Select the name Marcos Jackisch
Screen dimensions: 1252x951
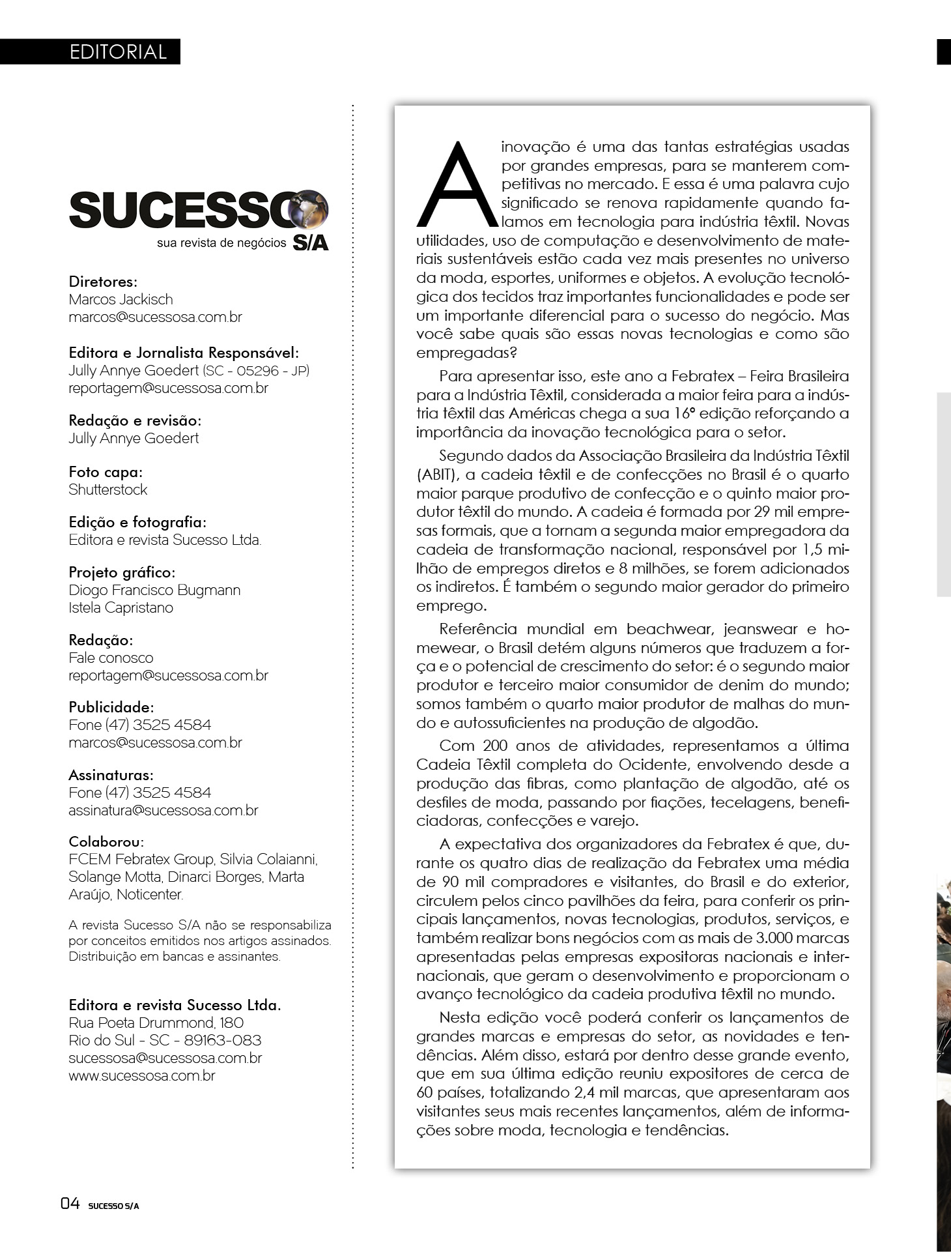(x=121, y=300)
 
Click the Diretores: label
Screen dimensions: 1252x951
(x=103, y=282)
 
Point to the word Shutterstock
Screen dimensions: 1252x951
(x=108, y=489)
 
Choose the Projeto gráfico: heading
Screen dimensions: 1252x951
(x=122, y=572)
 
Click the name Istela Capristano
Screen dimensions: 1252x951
(x=121, y=607)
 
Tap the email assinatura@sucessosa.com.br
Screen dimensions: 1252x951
(x=163, y=810)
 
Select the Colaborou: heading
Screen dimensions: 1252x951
(x=106, y=841)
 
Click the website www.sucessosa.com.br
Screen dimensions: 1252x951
(x=141, y=1075)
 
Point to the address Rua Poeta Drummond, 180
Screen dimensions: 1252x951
(x=156, y=1023)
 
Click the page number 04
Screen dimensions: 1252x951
(x=70, y=1203)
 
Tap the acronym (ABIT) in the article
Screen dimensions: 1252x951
(x=437, y=474)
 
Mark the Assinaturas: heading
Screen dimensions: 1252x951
(x=111, y=775)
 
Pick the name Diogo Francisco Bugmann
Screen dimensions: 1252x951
(x=154, y=590)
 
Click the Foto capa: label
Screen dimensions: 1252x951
(x=106, y=472)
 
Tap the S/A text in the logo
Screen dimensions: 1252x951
(x=311, y=243)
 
